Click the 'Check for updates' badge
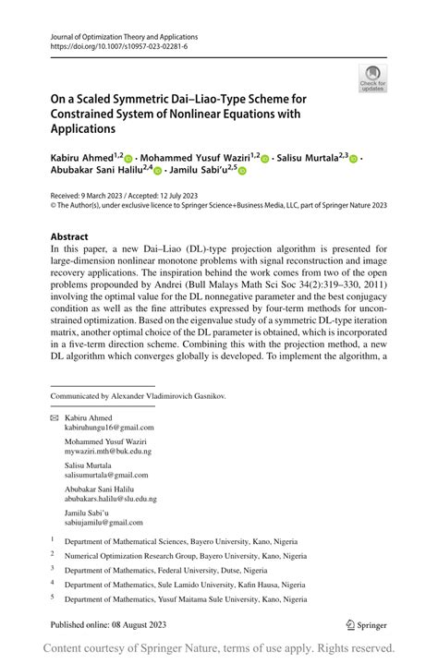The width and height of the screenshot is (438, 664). pos(372,78)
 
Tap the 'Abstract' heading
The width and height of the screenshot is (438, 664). pos(69,236)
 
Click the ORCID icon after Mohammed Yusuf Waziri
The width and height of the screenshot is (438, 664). pos(264,159)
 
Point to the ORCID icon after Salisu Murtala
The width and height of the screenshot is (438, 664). pos(353,159)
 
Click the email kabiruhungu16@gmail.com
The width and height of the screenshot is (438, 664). pos(109,428)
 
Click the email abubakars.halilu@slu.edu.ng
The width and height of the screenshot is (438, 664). pos(111,499)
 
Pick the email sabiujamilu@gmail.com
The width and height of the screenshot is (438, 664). pos(103,522)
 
